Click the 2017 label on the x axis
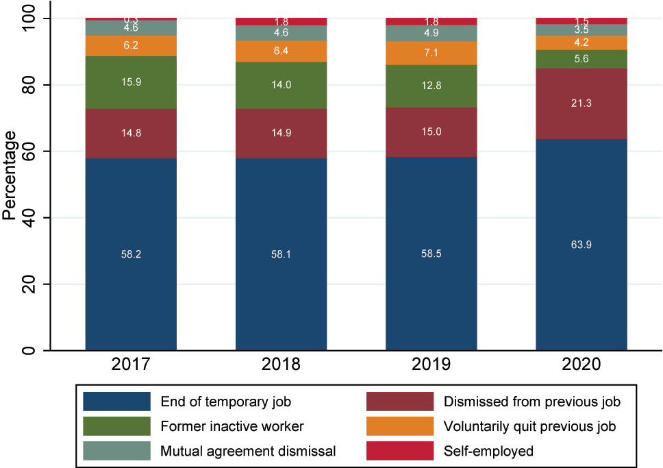pyautogui.click(x=131, y=365)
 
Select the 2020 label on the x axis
pyautogui.click(x=581, y=365)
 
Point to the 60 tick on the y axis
pyautogui.click(x=27, y=151)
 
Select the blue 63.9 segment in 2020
pyautogui.click(x=581, y=245)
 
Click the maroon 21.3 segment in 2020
pyautogui.click(x=581, y=103)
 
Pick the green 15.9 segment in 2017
pyautogui.click(x=131, y=82)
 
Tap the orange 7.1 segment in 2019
pyautogui.click(x=431, y=53)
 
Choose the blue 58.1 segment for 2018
pyautogui.click(x=281, y=254)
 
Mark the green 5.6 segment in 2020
pyautogui.click(x=581, y=59)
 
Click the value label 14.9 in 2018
pyautogui.click(x=281, y=133)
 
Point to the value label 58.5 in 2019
pyautogui.click(x=431, y=254)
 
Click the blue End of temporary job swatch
pyautogui.click(x=116, y=402)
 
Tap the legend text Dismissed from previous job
pyautogui.click(x=531, y=402)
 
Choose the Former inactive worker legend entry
pyautogui.click(x=232, y=426)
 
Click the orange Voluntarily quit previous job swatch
pyautogui.click(x=400, y=426)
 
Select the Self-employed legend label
pyautogui.click(x=489, y=451)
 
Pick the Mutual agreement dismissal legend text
pyautogui.click(x=248, y=451)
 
